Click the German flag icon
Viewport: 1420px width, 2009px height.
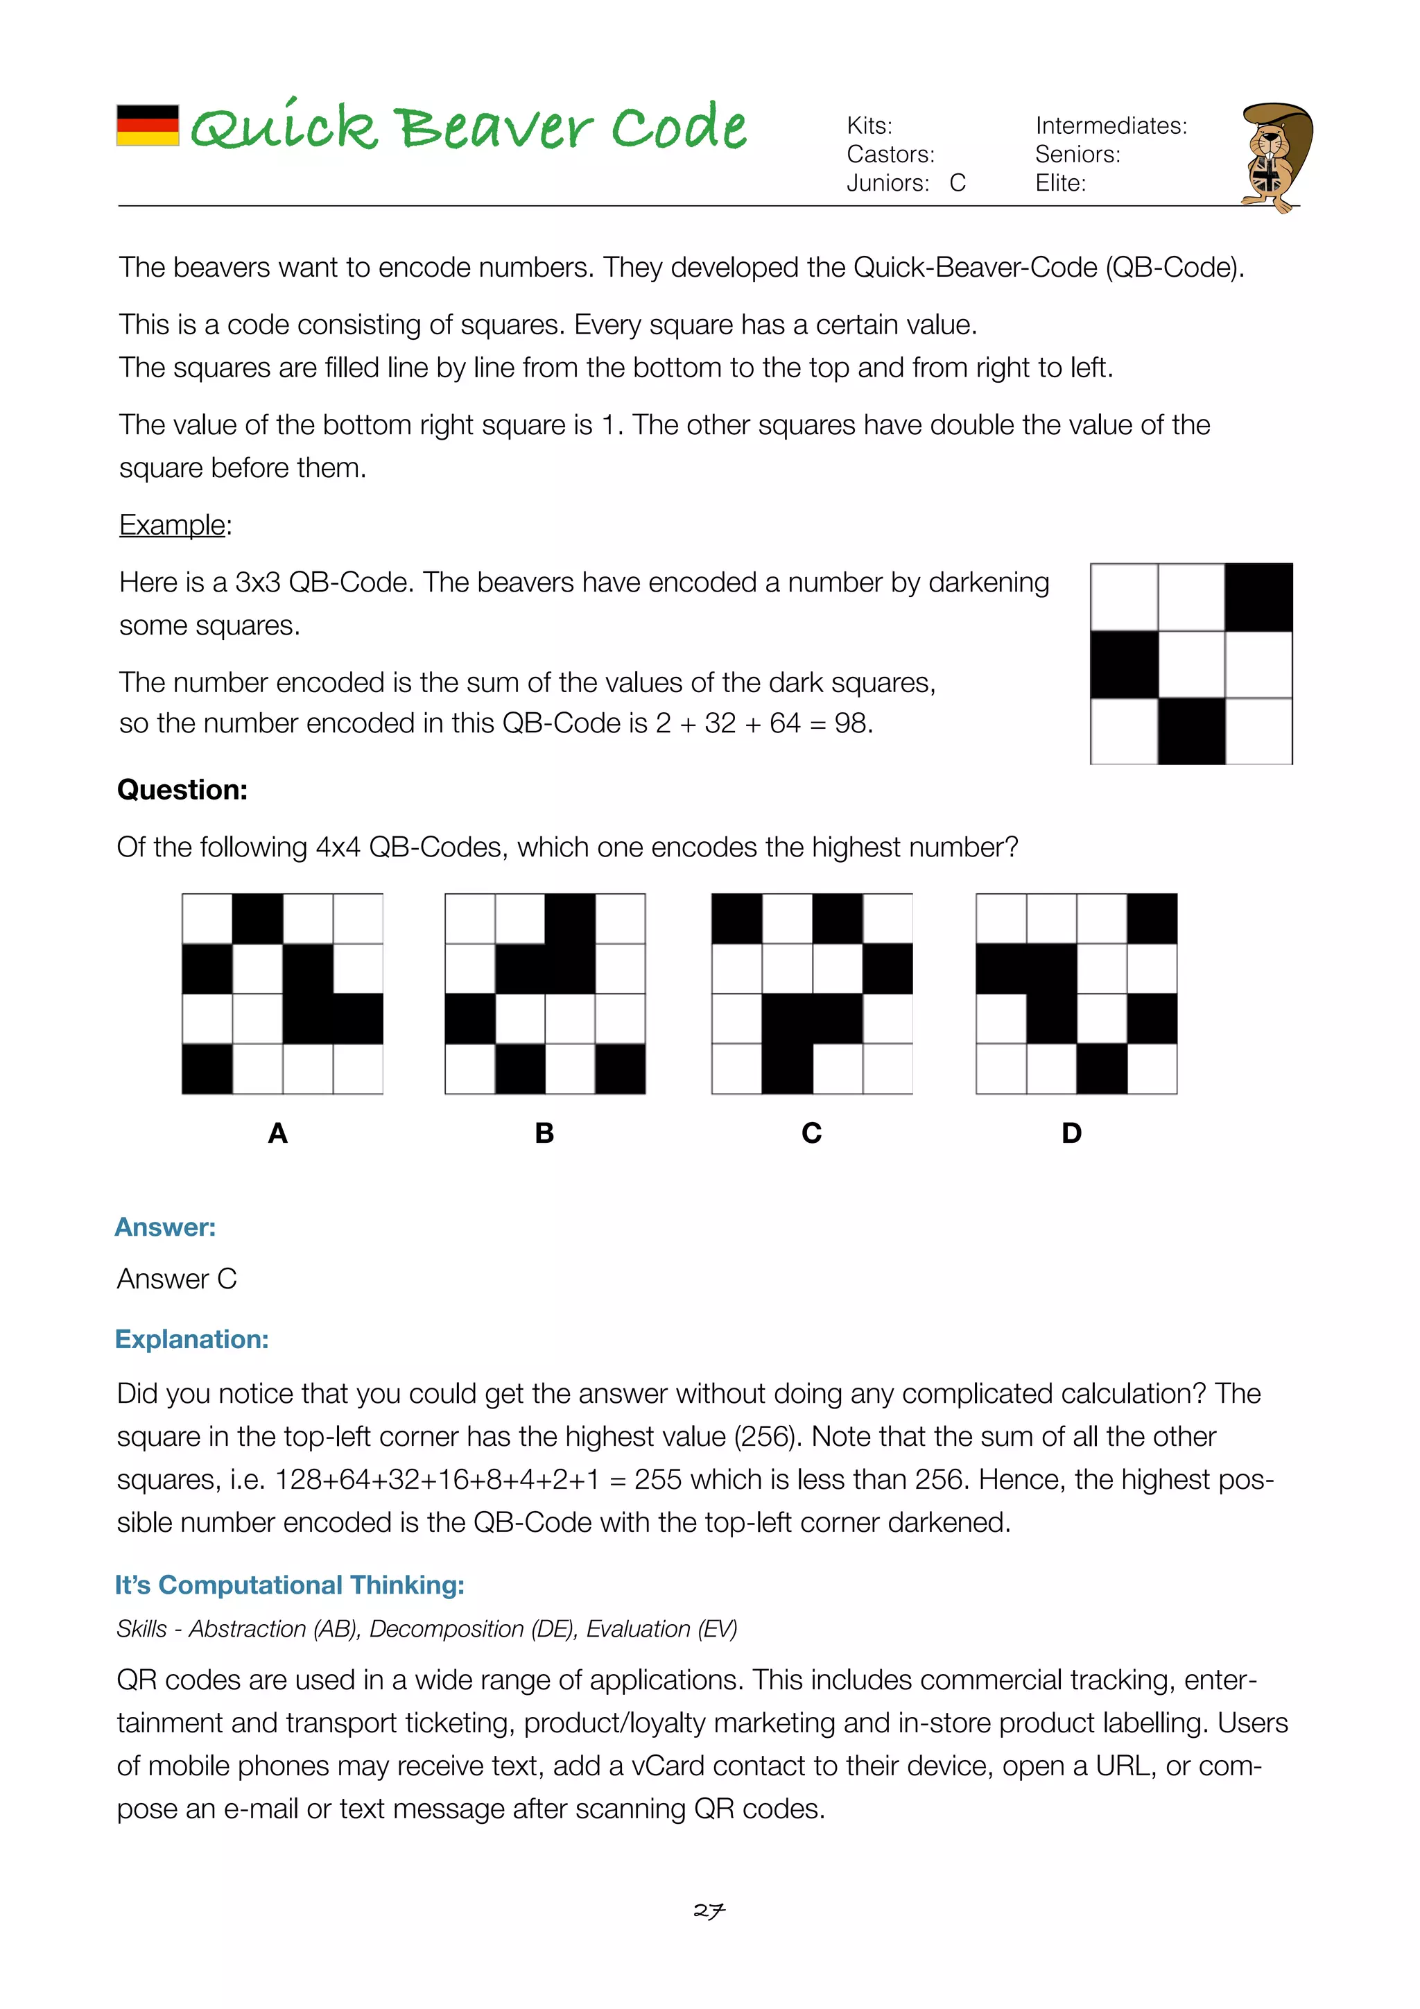coord(148,125)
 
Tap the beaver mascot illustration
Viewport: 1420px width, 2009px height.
coord(1275,157)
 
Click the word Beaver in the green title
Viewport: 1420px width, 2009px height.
coord(495,128)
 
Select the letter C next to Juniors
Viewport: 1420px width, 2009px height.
coord(957,183)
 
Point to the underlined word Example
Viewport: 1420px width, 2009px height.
coord(173,525)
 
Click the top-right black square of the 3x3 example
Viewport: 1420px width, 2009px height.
coord(1258,598)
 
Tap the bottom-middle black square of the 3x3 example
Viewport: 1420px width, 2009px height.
coord(1190,731)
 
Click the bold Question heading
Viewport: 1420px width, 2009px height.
coord(182,790)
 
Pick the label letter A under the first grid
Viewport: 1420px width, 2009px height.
coord(277,1133)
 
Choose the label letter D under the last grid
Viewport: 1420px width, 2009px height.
coord(1071,1133)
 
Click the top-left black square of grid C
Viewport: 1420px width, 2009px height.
coord(736,919)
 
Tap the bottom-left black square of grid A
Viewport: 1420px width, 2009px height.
coord(207,1069)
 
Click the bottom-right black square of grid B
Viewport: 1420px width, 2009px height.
coord(621,1069)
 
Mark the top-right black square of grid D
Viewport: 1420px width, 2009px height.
coord(1152,919)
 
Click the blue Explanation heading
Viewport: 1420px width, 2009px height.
coord(191,1340)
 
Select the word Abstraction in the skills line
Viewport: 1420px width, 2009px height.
coord(248,1629)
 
